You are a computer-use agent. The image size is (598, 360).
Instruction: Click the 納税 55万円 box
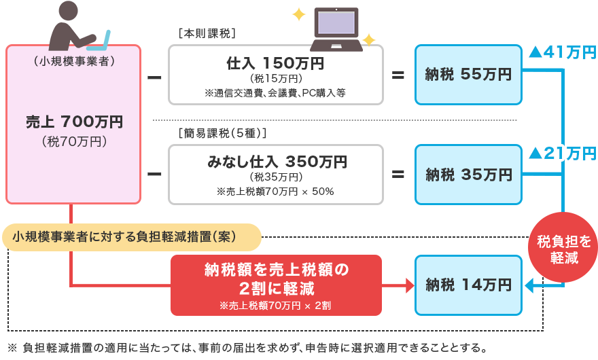pos(469,75)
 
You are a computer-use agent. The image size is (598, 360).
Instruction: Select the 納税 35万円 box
pos(469,175)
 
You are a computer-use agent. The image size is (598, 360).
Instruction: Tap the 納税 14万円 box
pos(469,285)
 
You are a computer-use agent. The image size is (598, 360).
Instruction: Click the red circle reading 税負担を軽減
pos(559,249)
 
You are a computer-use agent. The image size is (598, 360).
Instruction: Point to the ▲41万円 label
pos(562,53)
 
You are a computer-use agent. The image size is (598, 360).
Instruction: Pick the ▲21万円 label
pos(562,154)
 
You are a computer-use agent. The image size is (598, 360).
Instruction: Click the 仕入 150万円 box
pos(275,75)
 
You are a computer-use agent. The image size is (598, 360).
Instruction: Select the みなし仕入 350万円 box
pos(275,175)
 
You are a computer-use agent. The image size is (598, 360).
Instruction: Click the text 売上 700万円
pos(74,122)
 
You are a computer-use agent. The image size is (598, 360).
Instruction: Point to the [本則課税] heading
pos(205,33)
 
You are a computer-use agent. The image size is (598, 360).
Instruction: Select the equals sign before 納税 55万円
pos(398,75)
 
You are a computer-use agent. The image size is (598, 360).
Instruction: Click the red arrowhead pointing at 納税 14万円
pos(409,286)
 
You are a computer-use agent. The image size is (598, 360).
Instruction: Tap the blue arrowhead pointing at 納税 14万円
pos(530,286)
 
